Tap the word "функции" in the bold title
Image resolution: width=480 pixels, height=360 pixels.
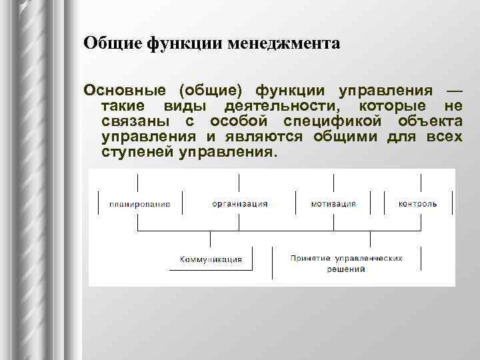pos(176,44)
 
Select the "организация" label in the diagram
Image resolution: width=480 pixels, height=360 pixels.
pos(240,204)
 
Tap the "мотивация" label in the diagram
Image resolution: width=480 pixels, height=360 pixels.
pos(333,204)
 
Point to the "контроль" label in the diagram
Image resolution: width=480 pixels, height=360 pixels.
pos(418,204)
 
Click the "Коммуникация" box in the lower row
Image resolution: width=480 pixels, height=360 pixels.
pos(211,259)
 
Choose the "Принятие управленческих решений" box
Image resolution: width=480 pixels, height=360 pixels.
pos(346,263)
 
